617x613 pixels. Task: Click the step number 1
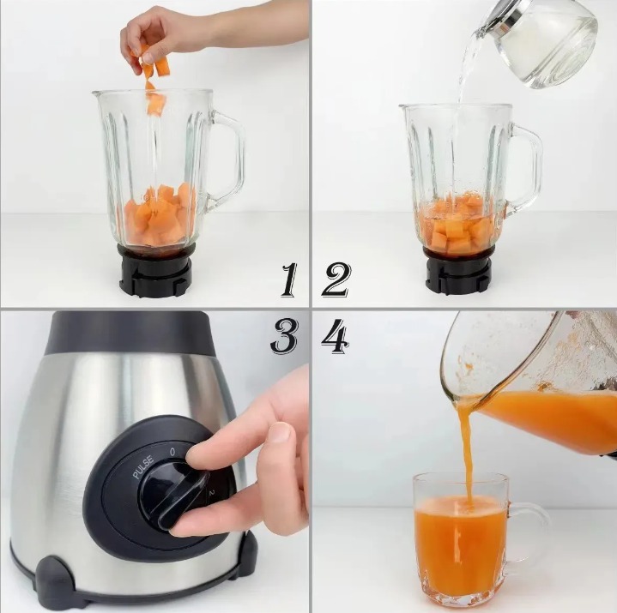point(289,279)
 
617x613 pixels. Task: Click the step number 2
point(336,279)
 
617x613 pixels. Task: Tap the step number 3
point(284,336)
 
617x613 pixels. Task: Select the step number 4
point(336,336)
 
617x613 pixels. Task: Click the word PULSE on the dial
point(143,467)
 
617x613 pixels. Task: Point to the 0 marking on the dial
point(172,452)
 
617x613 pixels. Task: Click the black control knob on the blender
point(173,496)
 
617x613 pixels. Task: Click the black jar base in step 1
point(157,270)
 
